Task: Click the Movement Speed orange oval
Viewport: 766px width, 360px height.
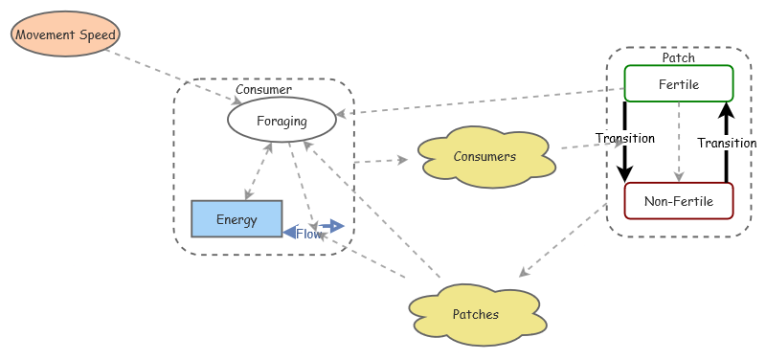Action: point(65,35)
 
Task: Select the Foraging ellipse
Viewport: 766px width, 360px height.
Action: point(282,121)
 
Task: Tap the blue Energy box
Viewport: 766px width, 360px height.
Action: point(237,219)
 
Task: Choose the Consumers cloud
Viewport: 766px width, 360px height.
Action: point(484,156)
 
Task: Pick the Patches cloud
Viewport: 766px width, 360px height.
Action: point(476,314)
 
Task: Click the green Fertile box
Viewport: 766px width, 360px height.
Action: point(679,84)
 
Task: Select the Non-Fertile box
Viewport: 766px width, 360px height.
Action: point(678,201)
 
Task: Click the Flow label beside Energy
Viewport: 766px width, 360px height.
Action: point(309,234)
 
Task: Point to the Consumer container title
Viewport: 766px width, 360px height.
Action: point(263,89)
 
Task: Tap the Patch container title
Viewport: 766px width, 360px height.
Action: point(679,58)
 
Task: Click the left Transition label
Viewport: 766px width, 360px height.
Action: point(624,138)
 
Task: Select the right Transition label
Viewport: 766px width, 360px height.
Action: point(727,143)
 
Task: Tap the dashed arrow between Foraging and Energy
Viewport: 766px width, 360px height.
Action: point(259,171)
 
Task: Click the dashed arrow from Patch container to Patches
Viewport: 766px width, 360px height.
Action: point(565,239)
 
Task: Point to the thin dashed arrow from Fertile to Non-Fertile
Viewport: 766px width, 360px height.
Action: point(679,141)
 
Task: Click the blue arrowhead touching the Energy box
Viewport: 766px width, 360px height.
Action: point(289,232)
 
